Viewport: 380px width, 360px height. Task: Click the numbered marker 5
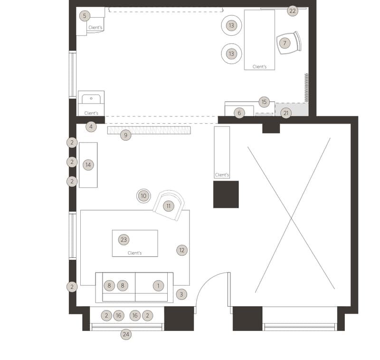[x=85, y=16]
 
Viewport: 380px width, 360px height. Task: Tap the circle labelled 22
[x=293, y=11]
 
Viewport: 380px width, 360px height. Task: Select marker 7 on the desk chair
[x=285, y=43]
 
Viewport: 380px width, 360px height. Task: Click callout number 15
[x=264, y=102]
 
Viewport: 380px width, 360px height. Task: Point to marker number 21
[x=286, y=113]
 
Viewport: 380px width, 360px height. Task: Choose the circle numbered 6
[x=239, y=113]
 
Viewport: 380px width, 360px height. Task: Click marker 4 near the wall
[x=91, y=126]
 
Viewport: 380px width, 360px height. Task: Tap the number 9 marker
[x=125, y=135]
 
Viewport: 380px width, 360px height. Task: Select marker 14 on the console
[x=88, y=165]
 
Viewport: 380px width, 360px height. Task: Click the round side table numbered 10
[x=143, y=196]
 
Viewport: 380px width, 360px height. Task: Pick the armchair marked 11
[x=169, y=205]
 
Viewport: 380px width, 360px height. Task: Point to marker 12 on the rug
[x=182, y=250]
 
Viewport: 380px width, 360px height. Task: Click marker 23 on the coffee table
[x=123, y=240]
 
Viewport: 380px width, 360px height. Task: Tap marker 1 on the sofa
[x=158, y=286]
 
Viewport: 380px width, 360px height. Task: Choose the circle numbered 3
[x=181, y=294]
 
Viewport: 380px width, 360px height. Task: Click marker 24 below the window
[x=126, y=334]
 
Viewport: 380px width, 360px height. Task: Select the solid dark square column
[x=226, y=195]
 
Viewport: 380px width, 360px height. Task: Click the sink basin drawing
[x=91, y=99]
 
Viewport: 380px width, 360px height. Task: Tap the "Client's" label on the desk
[x=259, y=67]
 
